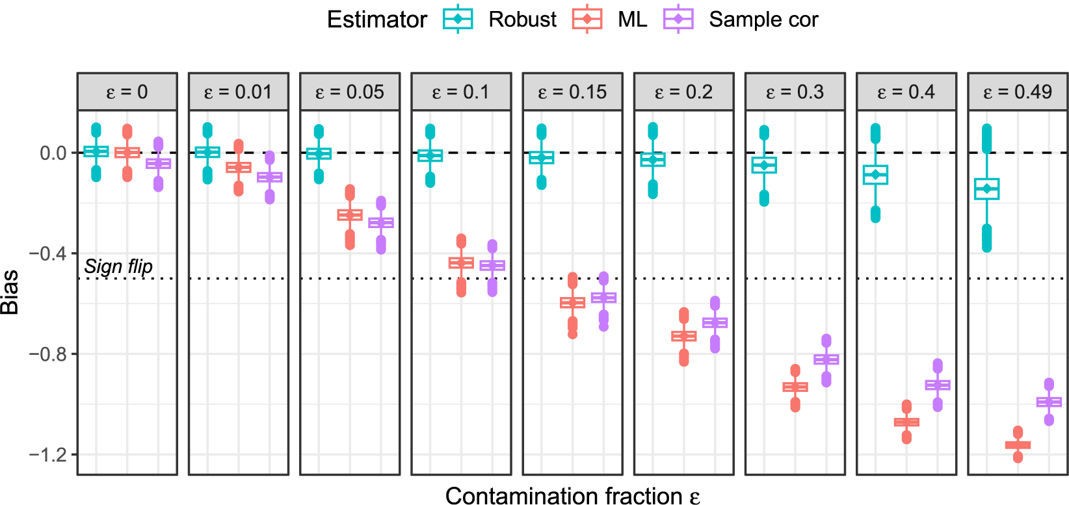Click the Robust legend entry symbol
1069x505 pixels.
(458, 19)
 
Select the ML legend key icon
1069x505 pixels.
(587, 19)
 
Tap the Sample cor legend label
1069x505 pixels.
(763, 19)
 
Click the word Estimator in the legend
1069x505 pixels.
(376, 19)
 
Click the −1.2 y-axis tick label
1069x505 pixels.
(49, 454)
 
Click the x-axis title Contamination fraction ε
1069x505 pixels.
(572, 496)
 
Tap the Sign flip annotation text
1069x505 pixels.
(118, 266)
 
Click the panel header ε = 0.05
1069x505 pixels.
(350, 92)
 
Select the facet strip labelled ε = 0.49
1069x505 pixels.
(1018, 92)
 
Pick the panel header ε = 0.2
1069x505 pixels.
(684, 92)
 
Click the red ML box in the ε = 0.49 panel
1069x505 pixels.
(1018, 445)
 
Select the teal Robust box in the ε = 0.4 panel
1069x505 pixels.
(875, 175)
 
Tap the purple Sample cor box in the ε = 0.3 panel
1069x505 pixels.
(826, 359)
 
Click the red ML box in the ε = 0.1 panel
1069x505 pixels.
(461, 263)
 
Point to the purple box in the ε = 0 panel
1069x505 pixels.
(158, 164)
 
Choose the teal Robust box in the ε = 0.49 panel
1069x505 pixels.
(986, 188)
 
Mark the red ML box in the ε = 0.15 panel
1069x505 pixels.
(572, 303)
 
